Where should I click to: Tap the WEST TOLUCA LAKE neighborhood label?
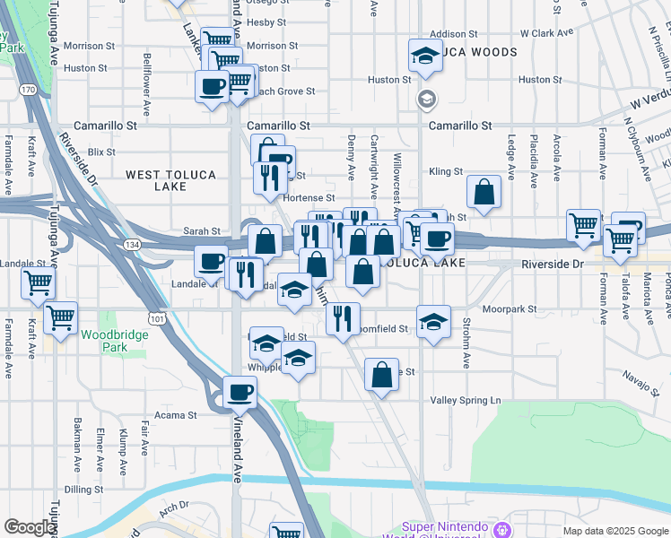click(170, 180)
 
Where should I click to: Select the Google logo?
click(29, 527)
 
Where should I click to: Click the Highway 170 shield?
click(29, 90)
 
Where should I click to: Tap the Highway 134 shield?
click(132, 244)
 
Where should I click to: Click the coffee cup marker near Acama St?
click(240, 392)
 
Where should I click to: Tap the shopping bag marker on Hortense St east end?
click(484, 192)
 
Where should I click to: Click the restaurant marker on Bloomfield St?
click(342, 318)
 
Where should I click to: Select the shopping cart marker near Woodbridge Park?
click(60, 317)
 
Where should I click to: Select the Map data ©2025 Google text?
click(614, 531)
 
